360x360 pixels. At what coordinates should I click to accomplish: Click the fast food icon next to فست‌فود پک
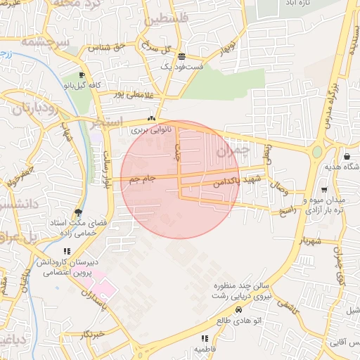(x=182, y=56)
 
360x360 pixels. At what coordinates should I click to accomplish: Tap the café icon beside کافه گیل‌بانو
(x=82, y=76)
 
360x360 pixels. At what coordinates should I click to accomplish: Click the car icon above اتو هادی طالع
(x=238, y=309)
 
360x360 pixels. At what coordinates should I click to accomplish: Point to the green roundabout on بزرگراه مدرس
(x=317, y=152)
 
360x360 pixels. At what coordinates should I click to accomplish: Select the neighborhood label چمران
(x=233, y=150)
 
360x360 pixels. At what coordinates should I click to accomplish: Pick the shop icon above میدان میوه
(x=323, y=189)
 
